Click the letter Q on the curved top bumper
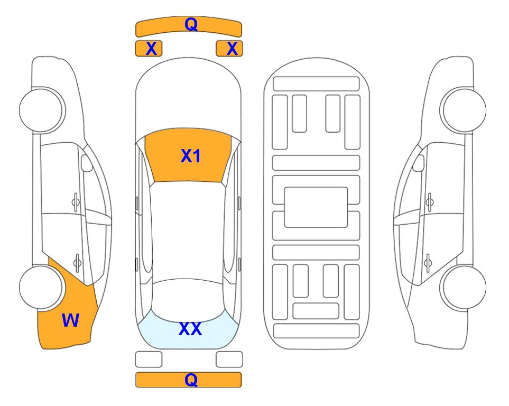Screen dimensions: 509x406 tap(191, 24)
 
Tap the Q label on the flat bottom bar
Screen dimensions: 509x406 tap(191, 380)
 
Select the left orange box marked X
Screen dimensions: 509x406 tap(149, 49)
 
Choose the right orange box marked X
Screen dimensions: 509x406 tap(229, 49)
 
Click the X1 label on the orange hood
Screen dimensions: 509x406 tap(191, 156)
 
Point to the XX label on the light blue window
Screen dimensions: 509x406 tap(190, 329)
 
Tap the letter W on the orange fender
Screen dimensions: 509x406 tap(70, 320)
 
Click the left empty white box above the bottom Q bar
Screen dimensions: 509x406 tap(149, 359)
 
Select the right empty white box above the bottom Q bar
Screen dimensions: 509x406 tap(229, 359)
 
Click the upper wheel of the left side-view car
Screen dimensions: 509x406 tap(41, 110)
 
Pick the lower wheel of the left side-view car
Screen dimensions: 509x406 tap(41, 288)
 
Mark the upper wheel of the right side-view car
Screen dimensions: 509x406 tap(464, 110)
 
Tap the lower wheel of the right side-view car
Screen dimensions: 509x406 tap(464, 288)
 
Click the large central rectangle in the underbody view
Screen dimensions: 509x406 tap(316, 207)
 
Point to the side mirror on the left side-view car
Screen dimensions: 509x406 tap(87, 163)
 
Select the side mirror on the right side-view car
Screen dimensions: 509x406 tap(419, 163)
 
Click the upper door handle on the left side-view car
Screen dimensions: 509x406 tap(76, 202)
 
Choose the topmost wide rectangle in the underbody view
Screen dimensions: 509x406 tap(316, 84)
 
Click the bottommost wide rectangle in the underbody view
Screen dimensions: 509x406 tap(316, 331)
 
